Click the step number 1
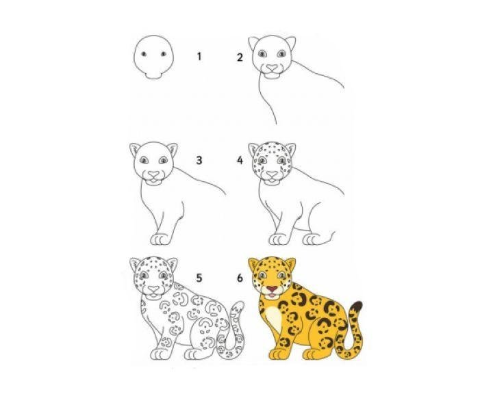pyautogui.click(x=199, y=57)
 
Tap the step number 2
pyautogui.click(x=240, y=57)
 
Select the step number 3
pyautogui.click(x=199, y=160)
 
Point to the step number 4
pyautogui.click(x=240, y=161)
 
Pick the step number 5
pyautogui.click(x=199, y=278)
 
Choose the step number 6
pyautogui.click(x=240, y=278)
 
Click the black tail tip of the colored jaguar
pyautogui.click(x=357, y=306)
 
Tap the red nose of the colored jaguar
pyautogui.click(x=272, y=289)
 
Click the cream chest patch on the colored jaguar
pyautogui.click(x=273, y=318)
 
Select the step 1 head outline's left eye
pyautogui.click(x=144, y=54)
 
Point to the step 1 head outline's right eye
pyautogui.click(x=163, y=54)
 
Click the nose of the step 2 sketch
pyautogui.click(x=272, y=68)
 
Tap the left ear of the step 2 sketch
pyautogui.click(x=253, y=43)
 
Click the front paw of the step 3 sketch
pyautogui.click(x=160, y=239)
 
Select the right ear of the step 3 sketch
pyautogui.click(x=172, y=150)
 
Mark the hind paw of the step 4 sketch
pyautogui.click(x=312, y=239)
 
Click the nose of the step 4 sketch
pyautogui.click(x=272, y=174)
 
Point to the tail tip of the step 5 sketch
pyautogui.click(x=238, y=306)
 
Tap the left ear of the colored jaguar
pyautogui.click(x=253, y=265)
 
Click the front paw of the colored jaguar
pyautogui.click(x=278, y=354)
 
